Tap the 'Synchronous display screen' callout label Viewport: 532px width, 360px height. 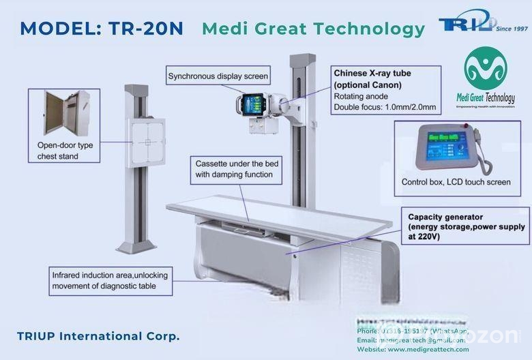(218, 76)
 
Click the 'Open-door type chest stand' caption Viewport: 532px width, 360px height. (67, 151)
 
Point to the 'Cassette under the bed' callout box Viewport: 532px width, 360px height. (234, 169)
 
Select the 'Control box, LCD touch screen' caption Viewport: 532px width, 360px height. (455, 182)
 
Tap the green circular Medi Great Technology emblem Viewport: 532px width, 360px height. (485, 67)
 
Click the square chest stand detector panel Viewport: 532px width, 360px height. (146, 142)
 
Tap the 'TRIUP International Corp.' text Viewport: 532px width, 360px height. (98, 336)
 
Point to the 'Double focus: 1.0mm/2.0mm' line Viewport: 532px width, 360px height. (385, 107)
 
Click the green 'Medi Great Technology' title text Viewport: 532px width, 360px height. (313, 29)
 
